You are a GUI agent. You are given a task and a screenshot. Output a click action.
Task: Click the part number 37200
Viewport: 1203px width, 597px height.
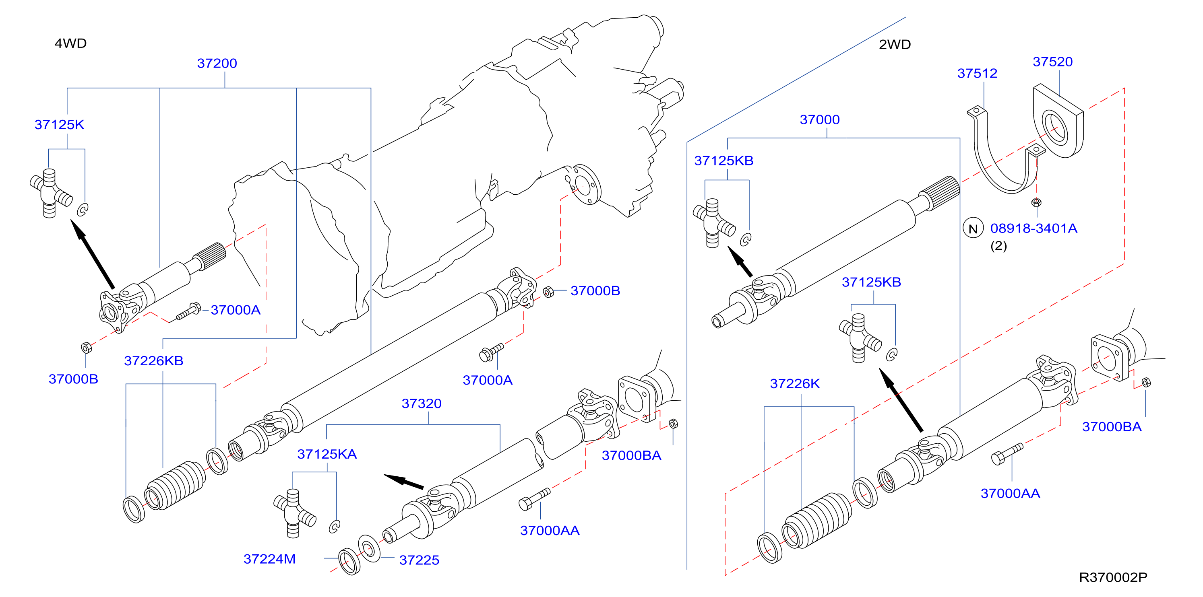point(217,63)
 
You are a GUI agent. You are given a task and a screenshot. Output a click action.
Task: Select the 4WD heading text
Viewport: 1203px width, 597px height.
point(70,43)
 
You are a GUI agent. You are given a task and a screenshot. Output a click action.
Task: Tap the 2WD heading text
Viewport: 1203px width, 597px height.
point(894,44)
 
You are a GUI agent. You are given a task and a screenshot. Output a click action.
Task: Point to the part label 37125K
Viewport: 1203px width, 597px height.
point(59,125)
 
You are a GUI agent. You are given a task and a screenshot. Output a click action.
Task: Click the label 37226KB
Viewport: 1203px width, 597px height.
point(154,361)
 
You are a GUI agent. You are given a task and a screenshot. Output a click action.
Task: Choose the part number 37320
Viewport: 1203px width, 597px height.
point(421,403)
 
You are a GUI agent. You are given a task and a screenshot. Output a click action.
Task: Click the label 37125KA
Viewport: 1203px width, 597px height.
point(327,454)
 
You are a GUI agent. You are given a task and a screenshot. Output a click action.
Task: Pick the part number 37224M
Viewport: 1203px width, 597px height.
point(269,559)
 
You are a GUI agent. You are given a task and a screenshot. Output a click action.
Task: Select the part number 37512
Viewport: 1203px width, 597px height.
point(977,73)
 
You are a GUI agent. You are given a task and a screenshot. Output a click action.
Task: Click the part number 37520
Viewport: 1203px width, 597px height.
point(1052,62)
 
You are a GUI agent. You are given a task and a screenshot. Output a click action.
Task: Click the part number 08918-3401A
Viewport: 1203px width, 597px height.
point(1034,228)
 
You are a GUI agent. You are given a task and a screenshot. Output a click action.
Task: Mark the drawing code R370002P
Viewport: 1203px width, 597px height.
point(1113,577)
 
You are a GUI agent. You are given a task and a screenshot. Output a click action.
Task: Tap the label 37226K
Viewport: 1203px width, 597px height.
point(794,384)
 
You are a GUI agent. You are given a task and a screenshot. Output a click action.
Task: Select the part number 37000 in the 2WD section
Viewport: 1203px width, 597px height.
point(820,119)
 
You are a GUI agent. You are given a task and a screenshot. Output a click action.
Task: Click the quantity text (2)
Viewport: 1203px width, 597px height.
point(998,246)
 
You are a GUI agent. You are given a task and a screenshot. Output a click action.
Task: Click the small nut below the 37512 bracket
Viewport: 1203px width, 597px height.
point(1036,202)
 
